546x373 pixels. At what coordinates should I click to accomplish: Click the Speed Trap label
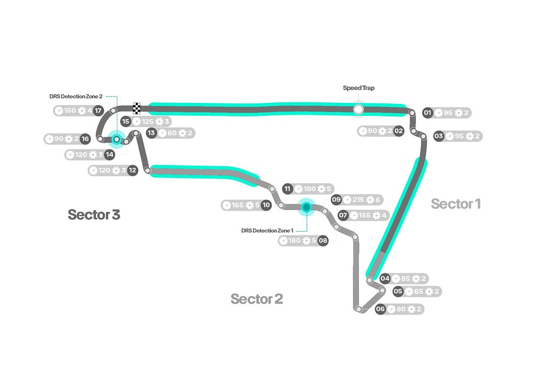pyautogui.click(x=358, y=88)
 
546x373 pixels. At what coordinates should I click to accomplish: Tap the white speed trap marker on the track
pyautogui.click(x=358, y=109)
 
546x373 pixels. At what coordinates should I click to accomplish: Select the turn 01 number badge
pyautogui.click(x=428, y=113)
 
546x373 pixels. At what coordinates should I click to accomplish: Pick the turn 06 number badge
pyautogui.click(x=381, y=309)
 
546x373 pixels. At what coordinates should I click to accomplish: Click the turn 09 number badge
pyautogui.click(x=336, y=200)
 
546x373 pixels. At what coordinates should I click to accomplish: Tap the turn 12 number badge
pyautogui.click(x=132, y=170)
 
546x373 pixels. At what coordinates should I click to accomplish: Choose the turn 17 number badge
pyautogui.click(x=98, y=111)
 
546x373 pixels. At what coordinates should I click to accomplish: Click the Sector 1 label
pyautogui.click(x=455, y=204)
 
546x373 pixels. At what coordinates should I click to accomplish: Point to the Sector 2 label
pyautogui.click(x=256, y=299)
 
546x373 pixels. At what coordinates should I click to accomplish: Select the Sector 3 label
pyautogui.click(x=94, y=214)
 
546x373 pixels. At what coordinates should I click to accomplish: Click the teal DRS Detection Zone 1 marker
pyautogui.click(x=307, y=206)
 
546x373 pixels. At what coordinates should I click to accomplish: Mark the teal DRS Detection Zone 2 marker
pyautogui.click(x=116, y=139)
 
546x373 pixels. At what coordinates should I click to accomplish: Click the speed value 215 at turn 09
pyautogui.click(x=358, y=200)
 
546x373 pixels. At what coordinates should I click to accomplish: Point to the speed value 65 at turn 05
pyautogui.click(x=418, y=291)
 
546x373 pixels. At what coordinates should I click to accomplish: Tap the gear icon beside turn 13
pyautogui.click(x=182, y=133)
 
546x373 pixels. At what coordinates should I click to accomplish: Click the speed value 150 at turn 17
pyautogui.click(x=70, y=111)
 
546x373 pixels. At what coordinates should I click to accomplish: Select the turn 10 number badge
pyautogui.click(x=265, y=205)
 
